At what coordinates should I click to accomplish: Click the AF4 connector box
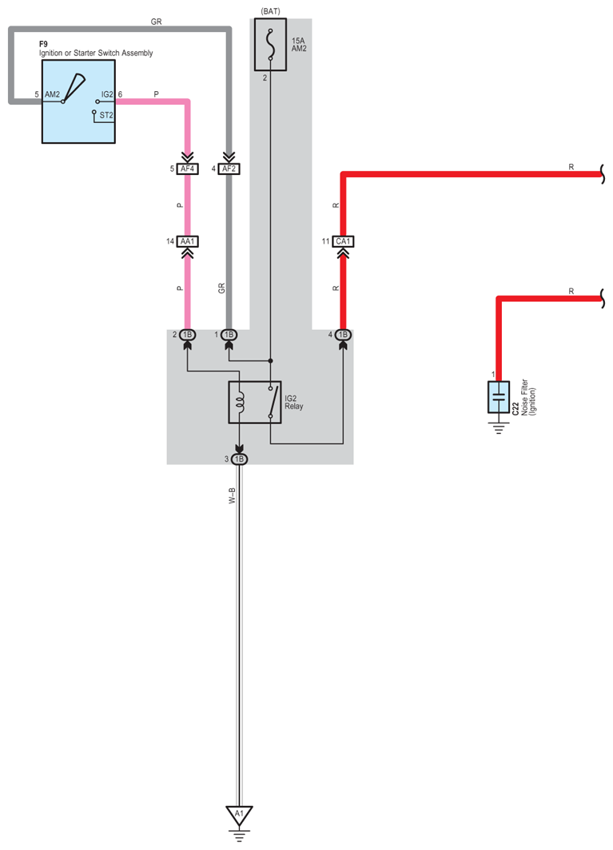(x=188, y=169)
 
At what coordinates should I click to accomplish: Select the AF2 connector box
(x=229, y=169)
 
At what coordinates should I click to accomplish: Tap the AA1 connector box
(x=188, y=240)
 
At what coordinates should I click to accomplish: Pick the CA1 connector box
(x=344, y=240)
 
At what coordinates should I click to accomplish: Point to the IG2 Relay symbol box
(x=254, y=402)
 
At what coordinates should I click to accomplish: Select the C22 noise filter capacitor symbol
(x=498, y=397)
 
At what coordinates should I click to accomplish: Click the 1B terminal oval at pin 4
(x=344, y=334)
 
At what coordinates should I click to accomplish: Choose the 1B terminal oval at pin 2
(x=188, y=334)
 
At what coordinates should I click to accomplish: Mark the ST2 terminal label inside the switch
(x=105, y=116)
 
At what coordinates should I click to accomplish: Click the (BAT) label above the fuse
(x=269, y=11)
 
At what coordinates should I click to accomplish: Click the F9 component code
(x=44, y=44)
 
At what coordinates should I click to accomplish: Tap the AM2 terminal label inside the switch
(x=53, y=94)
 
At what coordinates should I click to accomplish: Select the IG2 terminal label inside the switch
(x=106, y=94)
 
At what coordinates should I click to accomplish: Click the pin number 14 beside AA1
(x=169, y=240)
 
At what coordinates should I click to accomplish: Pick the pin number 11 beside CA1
(x=325, y=240)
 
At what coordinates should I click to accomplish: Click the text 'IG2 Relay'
(x=293, y=402)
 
